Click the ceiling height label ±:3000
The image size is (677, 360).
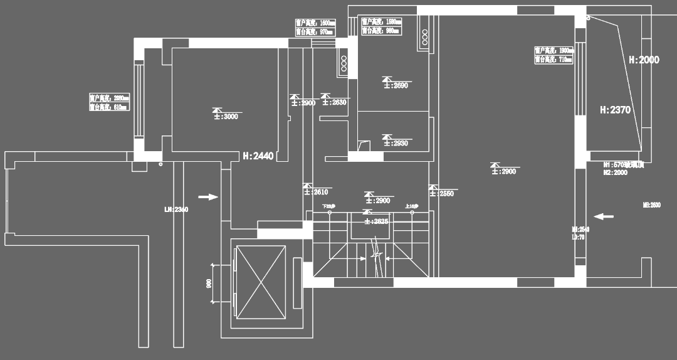tap(227, 115)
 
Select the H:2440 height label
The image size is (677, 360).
tap(258, 156)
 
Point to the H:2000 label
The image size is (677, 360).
tap(644, 60)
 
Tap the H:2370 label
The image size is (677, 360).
tap(615, 110)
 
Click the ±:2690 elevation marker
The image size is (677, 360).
tap(396, 85)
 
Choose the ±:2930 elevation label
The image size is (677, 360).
tap(396, 143)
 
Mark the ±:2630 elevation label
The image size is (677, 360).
tap(333, 102)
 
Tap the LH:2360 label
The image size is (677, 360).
tap(176, 209)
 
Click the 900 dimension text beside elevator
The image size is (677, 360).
tap(209, 283)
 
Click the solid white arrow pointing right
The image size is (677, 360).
tap(208, 197)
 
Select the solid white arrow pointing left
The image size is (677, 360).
tap(604, 216)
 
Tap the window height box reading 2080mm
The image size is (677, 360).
tap(109, 98)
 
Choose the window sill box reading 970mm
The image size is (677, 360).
tap(315, 31)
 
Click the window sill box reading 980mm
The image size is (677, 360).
tap(380, 30)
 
